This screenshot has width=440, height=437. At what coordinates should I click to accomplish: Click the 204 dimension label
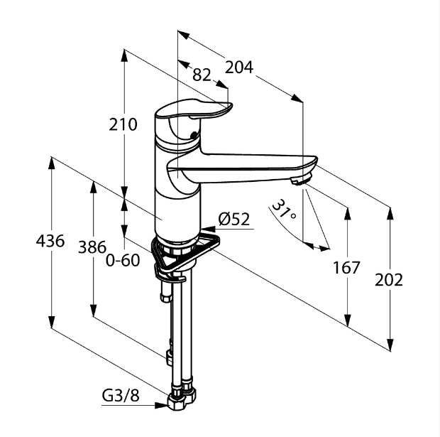pos(239,68)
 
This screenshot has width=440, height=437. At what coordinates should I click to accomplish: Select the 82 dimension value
pos(202,75)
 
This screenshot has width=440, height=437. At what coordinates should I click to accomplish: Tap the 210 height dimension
pos(123,124)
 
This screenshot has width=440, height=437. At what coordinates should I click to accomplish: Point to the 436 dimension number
pos(50,241)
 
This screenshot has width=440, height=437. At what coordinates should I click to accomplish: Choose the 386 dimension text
pos(92,247)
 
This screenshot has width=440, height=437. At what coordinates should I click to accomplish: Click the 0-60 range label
pos(123,260)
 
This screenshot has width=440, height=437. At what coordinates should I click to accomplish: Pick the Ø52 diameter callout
pos(234,219)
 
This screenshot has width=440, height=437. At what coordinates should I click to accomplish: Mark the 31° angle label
pos(284,210)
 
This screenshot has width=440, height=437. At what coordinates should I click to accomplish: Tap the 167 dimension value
pos(346,268)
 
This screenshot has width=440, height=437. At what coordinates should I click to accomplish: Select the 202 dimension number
pos(389,280)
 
